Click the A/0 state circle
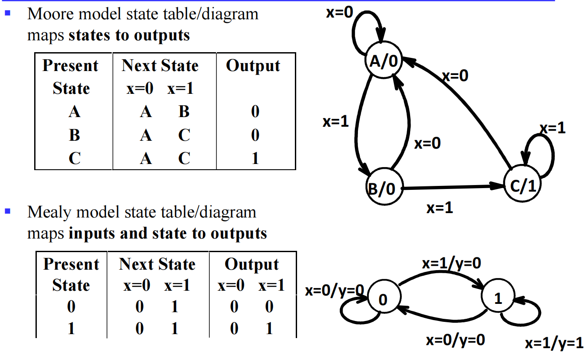[x=383, y=61]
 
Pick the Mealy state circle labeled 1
[x=498, y=298]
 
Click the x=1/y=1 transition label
[x=554, y=344]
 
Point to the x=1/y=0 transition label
[x=451, y=263]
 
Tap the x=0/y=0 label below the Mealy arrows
[x=455, y=340]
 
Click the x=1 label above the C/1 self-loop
[x=552, y=128]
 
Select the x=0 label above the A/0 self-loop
[x=339, y=13]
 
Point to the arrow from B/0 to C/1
[x=451, y=187]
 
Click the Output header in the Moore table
[x=253, y=66]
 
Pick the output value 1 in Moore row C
[x=255, y=158]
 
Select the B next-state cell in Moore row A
[x=184, y=112]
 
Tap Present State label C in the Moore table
[x=74, y=158]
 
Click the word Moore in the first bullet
[x=49, y=14]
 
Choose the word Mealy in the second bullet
[x=49, y=212]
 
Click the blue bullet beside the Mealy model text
[x=7, y=211]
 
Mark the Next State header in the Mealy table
[x=157, y=264]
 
